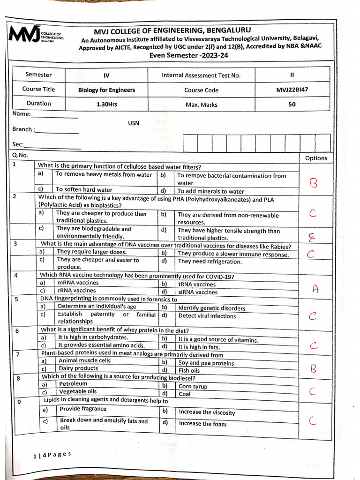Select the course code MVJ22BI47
292,90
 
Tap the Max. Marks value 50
292,105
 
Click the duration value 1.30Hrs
106,105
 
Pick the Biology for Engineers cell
106,90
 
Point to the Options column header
316,158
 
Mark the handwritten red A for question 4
315,289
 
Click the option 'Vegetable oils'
78,391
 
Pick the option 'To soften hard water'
84,190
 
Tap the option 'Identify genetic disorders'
211,308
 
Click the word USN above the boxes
134,123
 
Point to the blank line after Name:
54,116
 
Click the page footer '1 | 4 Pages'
52,455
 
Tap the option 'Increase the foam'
202,424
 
